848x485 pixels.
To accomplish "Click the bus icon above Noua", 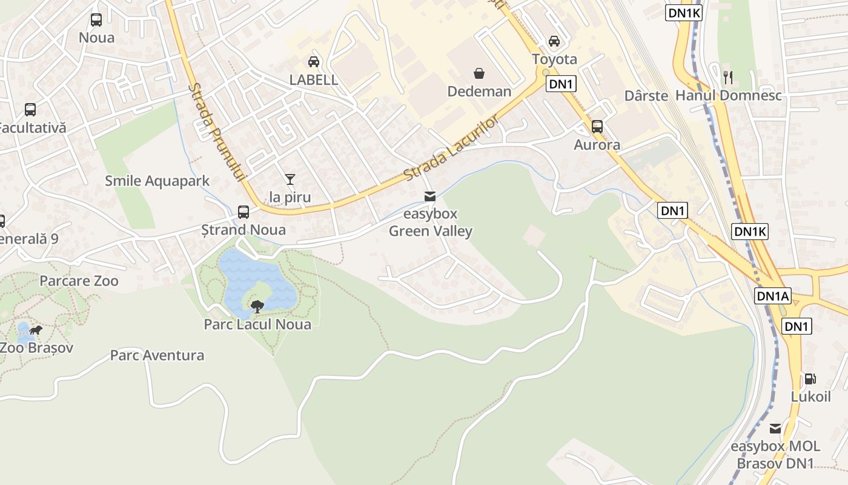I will [96, 20].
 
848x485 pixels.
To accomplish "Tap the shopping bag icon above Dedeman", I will [479, 73].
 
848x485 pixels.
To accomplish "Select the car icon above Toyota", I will [554, 41].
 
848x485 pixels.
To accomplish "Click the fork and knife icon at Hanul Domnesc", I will [728, 77].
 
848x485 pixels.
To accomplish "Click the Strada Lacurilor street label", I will [451, 147].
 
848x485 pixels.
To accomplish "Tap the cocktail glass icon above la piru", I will [290, 179].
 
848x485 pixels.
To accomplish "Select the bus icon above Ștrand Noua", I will [243, 212].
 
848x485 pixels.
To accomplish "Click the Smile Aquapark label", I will [157, 181].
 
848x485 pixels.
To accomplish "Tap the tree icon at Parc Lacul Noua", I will [257, 306].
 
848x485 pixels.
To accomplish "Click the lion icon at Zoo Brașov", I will [36, 330].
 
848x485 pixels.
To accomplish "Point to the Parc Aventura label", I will [157, 355].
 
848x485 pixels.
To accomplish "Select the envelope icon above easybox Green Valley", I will [430, 196].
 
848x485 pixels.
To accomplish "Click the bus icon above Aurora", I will [597, 127].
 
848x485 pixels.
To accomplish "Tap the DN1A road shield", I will [773, 296].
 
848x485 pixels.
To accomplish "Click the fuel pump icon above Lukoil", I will [810, 379].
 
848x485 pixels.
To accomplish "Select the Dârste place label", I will [646, 96].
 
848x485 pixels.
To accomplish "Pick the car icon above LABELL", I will [313, 61].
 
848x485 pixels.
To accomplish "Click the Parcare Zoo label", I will [79, 281].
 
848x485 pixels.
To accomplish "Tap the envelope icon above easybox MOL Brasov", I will [775, 429].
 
